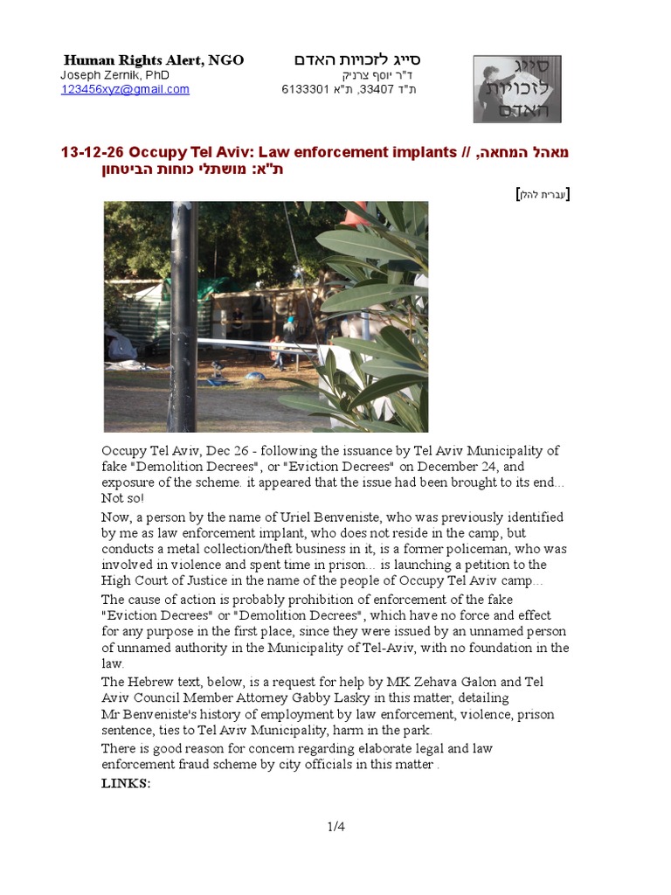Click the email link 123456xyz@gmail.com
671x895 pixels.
pyautogui.click(x=125, y=89)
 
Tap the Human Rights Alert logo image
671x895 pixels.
pyautogui.click(x=517, y=88)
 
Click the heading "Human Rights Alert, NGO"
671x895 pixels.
pyautogui.click(x=154, y=60)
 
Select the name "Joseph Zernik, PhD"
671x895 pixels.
pyautogui.click(x=114, y=75)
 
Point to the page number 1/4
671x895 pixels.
pyautogui.click(x=335, y=826)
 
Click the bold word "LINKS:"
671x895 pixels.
pyautogui.click(x=127, y=783)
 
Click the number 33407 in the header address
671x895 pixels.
pyautogui.click(x=375, y=89)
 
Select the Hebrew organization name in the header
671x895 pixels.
pyautogui.click(x=357, y=60)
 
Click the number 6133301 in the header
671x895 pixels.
pyautogui.click(x=302, y=89)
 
